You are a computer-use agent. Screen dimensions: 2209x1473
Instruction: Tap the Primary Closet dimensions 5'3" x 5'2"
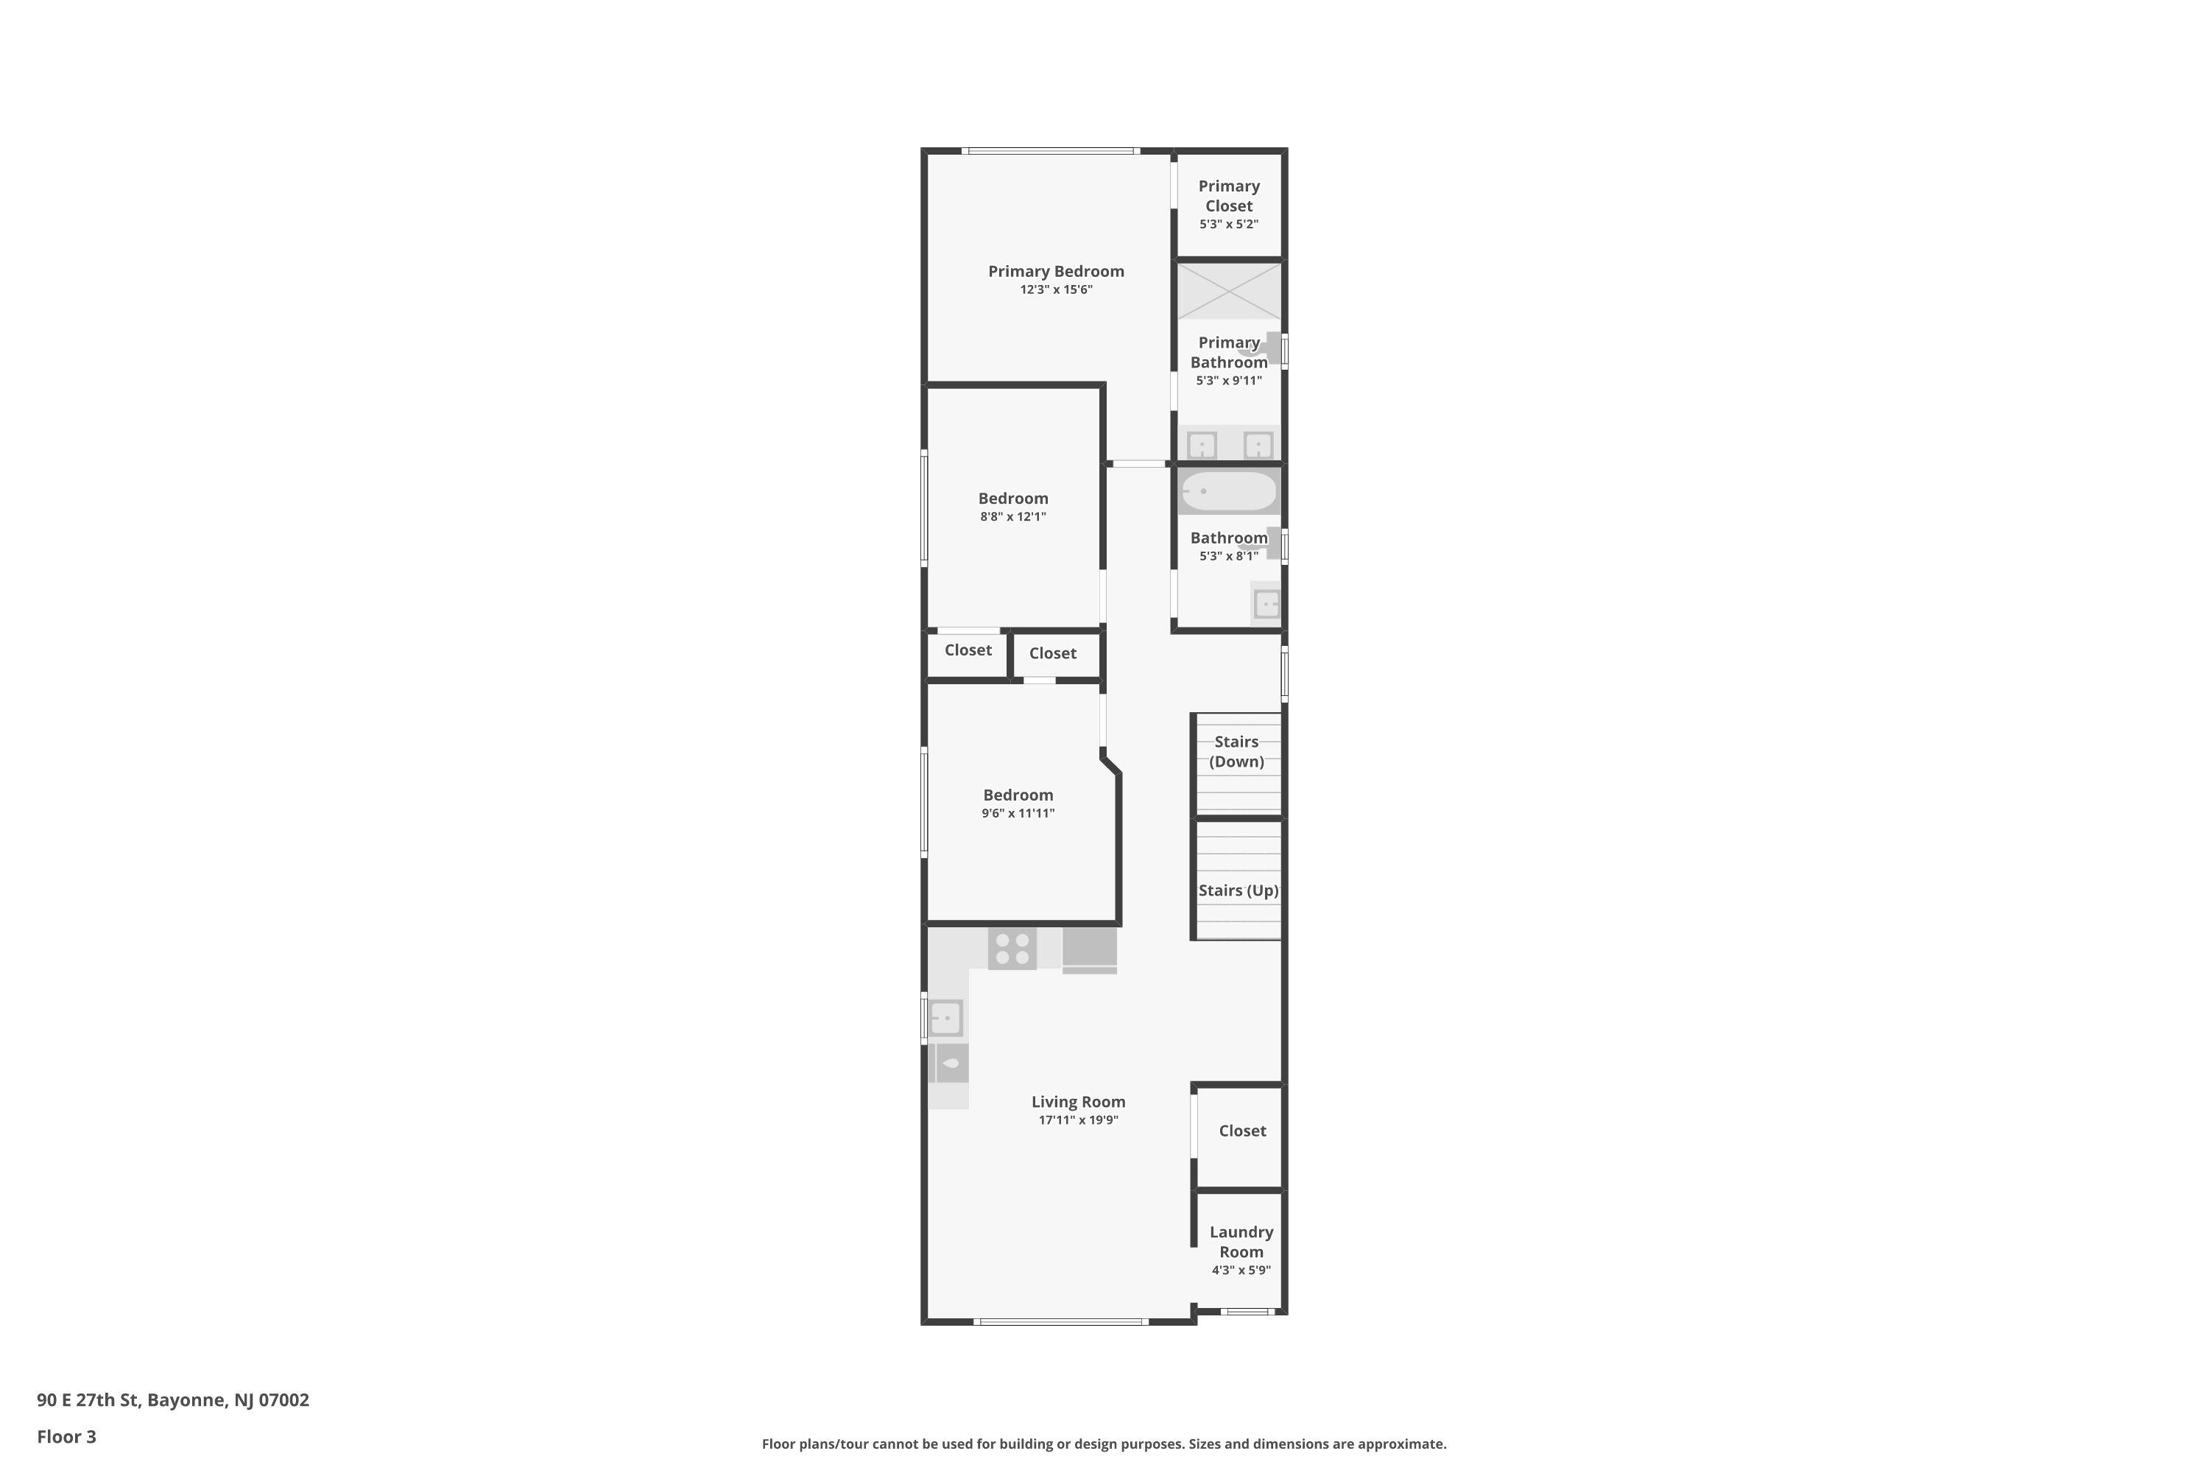[x=1228, y=225]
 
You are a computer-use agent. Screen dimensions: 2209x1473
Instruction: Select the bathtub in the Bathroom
[x=1228, y=491]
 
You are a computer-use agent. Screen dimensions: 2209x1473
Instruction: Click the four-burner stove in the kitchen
[x=1012, y=948]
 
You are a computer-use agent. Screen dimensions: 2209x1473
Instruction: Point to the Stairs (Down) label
[x=1236, y=751]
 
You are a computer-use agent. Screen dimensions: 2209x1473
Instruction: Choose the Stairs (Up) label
[x=1238, y=890]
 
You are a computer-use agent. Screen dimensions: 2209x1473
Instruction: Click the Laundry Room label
[x=1241, y=1242]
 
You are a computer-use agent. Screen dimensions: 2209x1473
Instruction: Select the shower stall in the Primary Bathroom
[x=1228, y=291]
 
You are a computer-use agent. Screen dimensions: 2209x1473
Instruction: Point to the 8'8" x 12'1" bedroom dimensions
[x=1012, y=517]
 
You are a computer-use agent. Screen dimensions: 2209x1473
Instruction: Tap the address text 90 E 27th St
[x=88, y=1400]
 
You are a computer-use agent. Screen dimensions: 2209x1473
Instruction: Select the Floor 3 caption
[x=67, y=1436]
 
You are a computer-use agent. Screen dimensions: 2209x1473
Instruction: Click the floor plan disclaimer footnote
[x=1104, y=1444]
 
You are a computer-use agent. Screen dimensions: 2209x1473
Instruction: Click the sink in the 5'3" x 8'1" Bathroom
[x=1266, y=602]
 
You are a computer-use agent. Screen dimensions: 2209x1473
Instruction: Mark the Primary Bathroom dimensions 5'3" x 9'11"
[x=1228, y=382]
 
